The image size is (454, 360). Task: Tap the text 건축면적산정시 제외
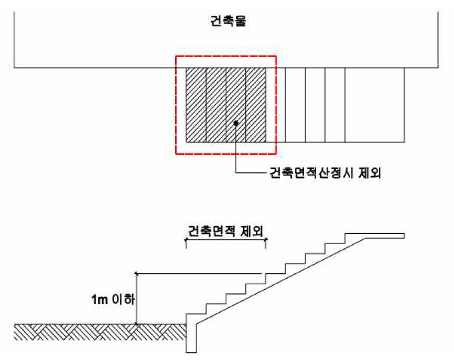(x=325, y=174)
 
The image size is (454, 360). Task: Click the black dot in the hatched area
(x=236, y=123)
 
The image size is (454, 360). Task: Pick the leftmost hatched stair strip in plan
(x=196, y=105)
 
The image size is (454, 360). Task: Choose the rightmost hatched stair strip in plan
(x=256, y=105)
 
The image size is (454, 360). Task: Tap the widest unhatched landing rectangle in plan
(x=374, y=105)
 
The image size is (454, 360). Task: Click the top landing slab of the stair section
(x=379, y=236)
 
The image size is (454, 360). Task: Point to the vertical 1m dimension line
(x=136, y=299)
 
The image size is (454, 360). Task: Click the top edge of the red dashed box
(x=226, y=57)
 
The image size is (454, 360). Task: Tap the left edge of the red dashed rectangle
(x=176, y=104)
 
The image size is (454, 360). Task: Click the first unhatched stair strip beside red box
(x=295, y=105)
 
